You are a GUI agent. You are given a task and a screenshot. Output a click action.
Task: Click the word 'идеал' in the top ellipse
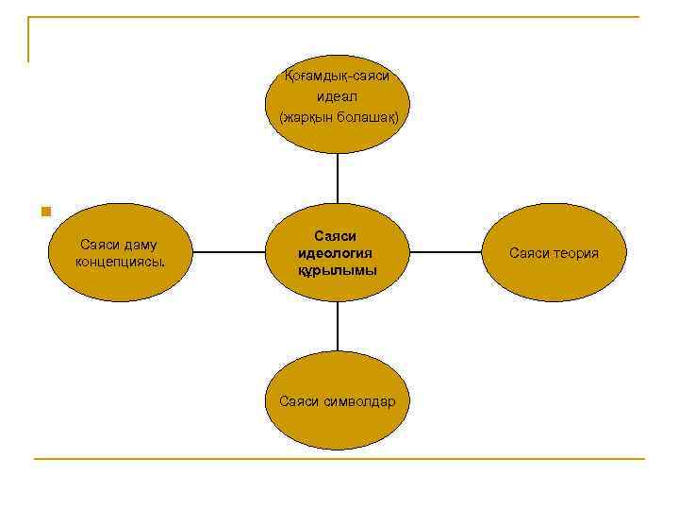pos(338,97)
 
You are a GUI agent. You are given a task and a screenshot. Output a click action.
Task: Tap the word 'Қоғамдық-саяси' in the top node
pos(338,76)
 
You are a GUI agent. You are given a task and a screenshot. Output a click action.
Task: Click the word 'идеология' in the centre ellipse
pos(336,253)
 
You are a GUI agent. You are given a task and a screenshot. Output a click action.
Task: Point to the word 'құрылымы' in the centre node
pos(337,270)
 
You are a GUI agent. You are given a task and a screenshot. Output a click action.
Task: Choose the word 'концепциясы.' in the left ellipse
pos(119,262)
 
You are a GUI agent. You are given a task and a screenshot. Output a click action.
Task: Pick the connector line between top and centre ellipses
pos(338,179)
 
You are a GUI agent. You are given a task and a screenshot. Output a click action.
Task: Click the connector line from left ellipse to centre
pos(229,253)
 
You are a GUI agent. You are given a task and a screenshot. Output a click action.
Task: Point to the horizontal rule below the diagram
pos(339,459)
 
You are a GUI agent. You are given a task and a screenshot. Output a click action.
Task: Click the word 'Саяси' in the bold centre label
pos(336,236)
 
